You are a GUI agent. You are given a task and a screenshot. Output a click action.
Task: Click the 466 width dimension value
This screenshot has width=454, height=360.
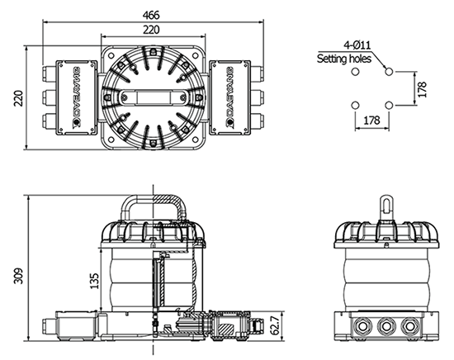(151, 15)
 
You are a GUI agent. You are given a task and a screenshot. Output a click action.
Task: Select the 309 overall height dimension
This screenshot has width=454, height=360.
(18, 277)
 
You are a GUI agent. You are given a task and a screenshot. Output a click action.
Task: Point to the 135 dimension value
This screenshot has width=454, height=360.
(94, 281)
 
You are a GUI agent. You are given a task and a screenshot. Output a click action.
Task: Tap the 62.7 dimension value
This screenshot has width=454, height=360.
(276, 325)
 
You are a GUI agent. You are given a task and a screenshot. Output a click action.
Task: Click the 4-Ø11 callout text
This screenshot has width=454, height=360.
(357, 45)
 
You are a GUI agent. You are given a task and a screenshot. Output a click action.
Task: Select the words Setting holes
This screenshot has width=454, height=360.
(344, 59)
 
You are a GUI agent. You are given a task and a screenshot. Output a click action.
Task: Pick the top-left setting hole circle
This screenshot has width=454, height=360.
(355, 71)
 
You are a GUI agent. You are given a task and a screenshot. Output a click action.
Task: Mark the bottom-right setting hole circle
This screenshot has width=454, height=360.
(390, 105)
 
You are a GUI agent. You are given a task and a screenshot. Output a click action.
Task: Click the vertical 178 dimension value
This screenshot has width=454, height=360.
(423, 89)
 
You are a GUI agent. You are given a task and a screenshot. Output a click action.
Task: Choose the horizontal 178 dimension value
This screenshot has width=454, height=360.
(371, 120)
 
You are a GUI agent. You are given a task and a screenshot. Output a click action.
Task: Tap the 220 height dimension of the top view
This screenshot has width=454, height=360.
(18, 98)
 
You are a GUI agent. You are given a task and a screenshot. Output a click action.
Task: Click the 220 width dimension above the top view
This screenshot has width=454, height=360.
(151, 30)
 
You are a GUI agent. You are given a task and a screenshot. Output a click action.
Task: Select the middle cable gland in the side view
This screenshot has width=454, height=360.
(385, 326)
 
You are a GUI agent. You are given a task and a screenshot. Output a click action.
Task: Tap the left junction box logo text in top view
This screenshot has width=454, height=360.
(77, 97)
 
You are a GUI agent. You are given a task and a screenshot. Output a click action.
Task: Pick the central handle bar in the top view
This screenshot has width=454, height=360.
(153, 97)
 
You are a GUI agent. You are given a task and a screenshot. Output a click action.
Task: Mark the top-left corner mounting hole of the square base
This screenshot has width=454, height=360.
(111, 55)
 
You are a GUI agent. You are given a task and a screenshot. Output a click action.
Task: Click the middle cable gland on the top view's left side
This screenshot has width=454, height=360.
(49, 97)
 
